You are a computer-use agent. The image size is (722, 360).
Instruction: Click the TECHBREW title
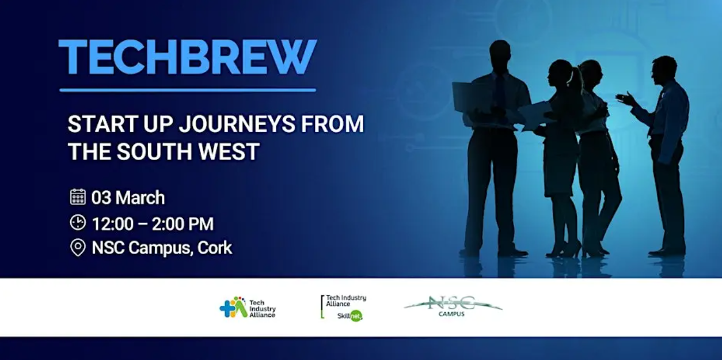click(188, 57)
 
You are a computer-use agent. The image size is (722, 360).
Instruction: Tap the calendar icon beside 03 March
click(78, 197)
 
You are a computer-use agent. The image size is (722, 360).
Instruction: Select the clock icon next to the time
click(78, 222)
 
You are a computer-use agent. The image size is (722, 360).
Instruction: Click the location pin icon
click(78, 248)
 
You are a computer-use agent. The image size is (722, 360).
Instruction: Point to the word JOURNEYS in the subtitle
click(237, 124)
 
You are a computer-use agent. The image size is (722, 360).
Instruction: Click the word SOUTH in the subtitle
click(154, 151)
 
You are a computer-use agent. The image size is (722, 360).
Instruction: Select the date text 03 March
click(128, 198)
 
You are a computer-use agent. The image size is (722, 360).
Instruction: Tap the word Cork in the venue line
click(215, 248)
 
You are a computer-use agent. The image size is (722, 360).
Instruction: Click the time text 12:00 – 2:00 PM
click(153, 223)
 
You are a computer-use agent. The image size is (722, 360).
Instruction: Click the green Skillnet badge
click(356, 316)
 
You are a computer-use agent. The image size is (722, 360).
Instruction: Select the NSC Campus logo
click(453, 306)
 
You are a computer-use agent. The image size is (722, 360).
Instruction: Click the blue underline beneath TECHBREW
click(188, 90)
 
